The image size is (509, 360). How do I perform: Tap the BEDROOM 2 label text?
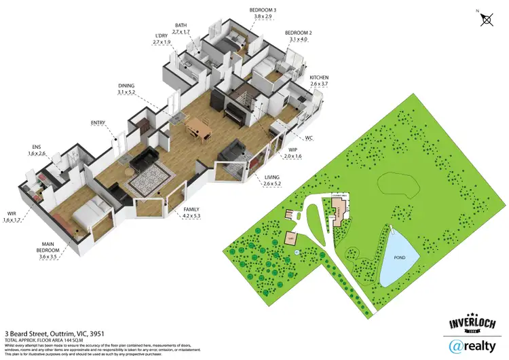[x=298, y=33]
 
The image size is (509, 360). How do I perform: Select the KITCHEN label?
[x=319, y=78]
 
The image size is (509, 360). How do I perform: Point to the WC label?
[x=309, y=137]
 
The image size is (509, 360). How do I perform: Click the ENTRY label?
[x=98, y=123]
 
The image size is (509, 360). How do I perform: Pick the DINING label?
[x=126, y=85]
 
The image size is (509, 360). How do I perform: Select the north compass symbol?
[x=486, y=19]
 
